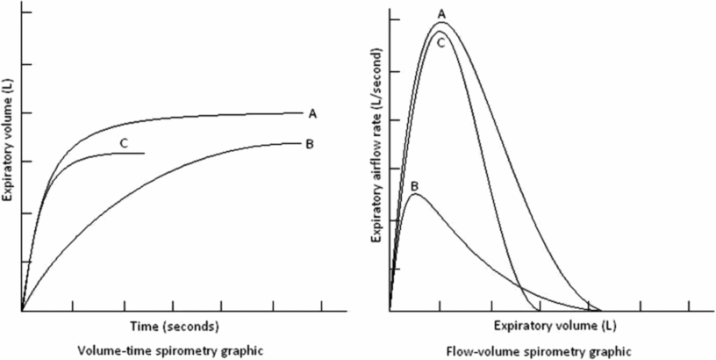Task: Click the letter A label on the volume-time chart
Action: [311, 113]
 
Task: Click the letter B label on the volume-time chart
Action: [311, 143]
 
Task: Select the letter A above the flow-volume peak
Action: [441, 14]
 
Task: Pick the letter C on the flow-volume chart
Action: [441, 41]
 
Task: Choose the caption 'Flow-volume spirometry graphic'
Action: [544, 351]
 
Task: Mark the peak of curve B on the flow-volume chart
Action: [414, 194]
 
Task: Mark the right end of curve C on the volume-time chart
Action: [144, 153]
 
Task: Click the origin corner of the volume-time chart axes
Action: [22, 310]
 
